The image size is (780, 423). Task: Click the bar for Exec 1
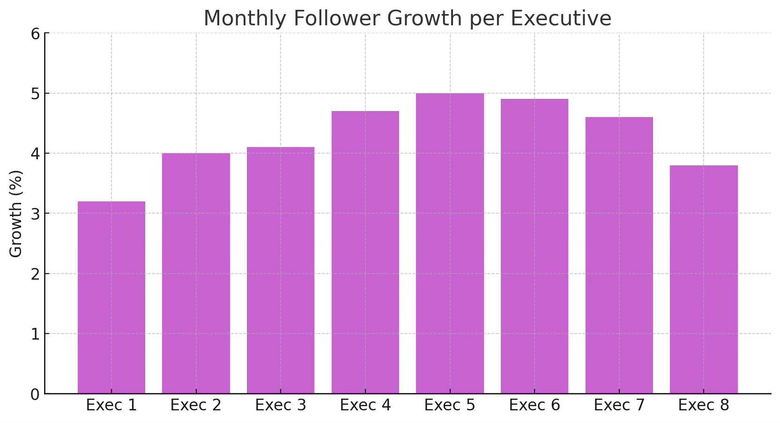[111, 297]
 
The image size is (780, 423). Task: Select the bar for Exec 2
[196, 274]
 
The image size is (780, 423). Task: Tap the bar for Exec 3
[281, 270]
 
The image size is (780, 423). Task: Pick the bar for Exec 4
[365, 252]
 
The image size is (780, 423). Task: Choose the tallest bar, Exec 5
[450, 244]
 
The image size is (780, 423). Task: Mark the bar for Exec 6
[535, 246]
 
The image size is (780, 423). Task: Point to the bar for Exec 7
[619, 255]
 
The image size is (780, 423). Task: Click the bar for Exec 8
[704, 280]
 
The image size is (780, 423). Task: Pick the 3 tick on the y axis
[35, 214]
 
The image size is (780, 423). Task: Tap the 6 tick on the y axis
[35, 34]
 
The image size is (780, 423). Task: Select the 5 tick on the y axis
[35, 94]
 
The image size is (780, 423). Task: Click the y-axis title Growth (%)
[16, 214]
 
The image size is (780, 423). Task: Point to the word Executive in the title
[561, 19]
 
